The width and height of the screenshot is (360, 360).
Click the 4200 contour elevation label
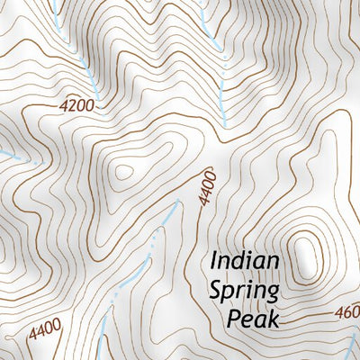point(76,105)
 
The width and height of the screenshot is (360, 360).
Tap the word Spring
point(245,290)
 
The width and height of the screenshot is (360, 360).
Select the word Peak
point(254,318)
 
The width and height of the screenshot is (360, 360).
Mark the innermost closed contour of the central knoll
point(121,170)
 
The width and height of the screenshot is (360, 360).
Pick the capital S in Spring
point(217,290)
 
